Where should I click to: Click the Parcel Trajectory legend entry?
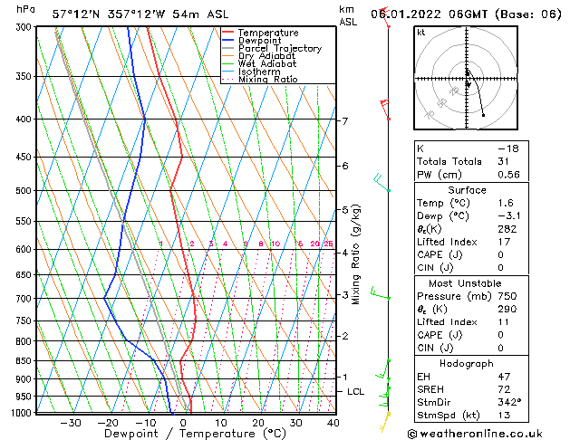click(279, 48)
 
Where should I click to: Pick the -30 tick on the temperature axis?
click(70, 423)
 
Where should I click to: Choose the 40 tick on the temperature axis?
click(333, 423)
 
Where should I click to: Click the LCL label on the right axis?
click(356, 392)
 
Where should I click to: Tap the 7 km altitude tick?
click(344, 121)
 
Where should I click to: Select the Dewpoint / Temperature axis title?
click(180, 435)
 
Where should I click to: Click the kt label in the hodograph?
click(421, 33)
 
